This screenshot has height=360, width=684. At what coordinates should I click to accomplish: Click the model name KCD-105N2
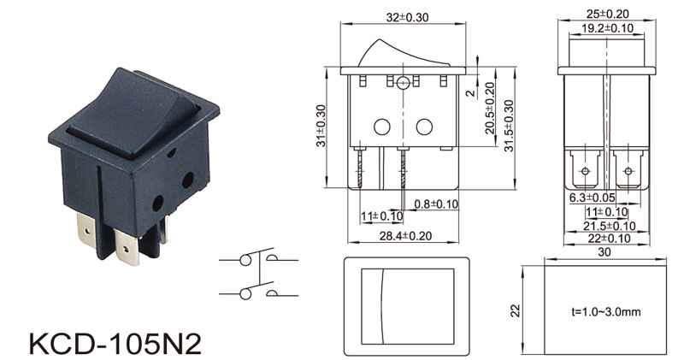pos(115,344)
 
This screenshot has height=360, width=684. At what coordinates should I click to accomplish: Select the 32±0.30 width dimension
pos(407,17)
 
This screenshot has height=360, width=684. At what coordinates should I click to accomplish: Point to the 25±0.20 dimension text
pos(607,14)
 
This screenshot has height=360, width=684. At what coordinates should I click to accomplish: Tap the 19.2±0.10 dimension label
pos(607,28)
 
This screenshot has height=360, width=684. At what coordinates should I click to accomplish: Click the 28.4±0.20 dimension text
pos(405,236)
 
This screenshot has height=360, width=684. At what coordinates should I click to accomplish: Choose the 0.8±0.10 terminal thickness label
pos(436,204)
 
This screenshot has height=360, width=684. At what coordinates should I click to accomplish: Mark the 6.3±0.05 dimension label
pos(592,198)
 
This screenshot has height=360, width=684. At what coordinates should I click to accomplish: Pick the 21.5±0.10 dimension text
pos(610,226)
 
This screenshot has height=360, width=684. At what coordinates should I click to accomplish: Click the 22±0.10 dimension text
pos(610,239)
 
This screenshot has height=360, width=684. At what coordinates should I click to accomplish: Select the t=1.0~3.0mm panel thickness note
pos(606,312)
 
